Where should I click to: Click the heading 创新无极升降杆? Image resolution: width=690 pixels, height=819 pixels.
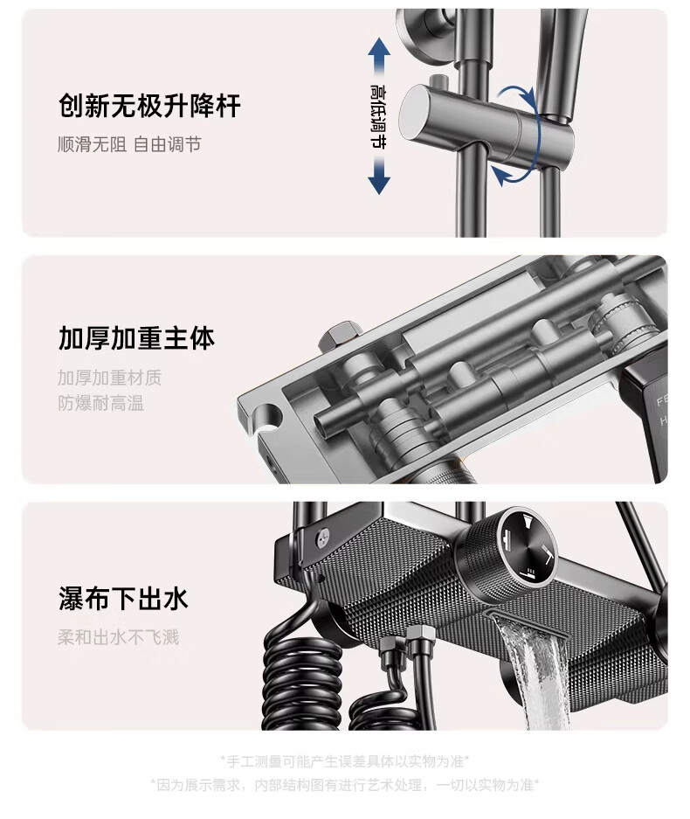click(149, 106)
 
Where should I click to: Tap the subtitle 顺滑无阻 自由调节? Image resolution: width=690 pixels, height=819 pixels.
click(129, 144)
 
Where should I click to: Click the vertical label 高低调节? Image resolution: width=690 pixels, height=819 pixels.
click(378, 116)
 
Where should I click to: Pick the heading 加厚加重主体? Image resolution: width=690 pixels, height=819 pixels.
click(136, 338)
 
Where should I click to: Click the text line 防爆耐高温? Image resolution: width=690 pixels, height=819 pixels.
click(100, 403)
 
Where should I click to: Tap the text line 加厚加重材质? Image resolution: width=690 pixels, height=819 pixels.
click(109, 377)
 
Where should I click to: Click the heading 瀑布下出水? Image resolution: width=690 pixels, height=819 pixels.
click(123, 598)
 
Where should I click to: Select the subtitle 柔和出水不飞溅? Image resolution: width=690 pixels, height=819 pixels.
click(119, 637)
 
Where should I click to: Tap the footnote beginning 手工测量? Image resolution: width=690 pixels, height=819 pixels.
click(344, 760)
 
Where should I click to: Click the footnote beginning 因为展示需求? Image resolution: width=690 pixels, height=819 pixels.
click(344, 785)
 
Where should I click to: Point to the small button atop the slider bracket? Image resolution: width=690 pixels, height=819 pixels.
click(438, 82)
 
